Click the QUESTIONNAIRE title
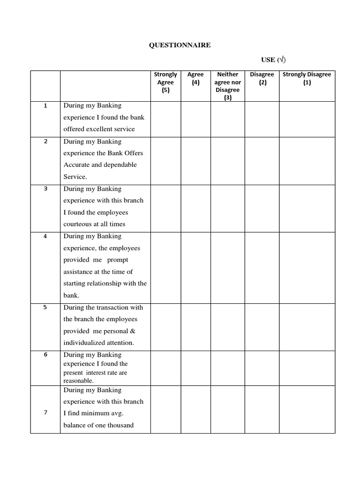pos(180,45)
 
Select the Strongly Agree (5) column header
pos(165,82)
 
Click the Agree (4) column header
pos(195,78)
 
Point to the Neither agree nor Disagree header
pos(227,86)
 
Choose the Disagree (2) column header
pos(262,78)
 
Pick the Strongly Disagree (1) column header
pos(307,78)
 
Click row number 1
pos(45,106)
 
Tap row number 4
pos(45,236)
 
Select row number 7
pos(45,412)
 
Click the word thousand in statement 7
pos(119,425)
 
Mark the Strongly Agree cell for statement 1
pos(165,119)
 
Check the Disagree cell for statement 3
pos(262,208)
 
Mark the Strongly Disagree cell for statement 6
pos(307,368)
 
